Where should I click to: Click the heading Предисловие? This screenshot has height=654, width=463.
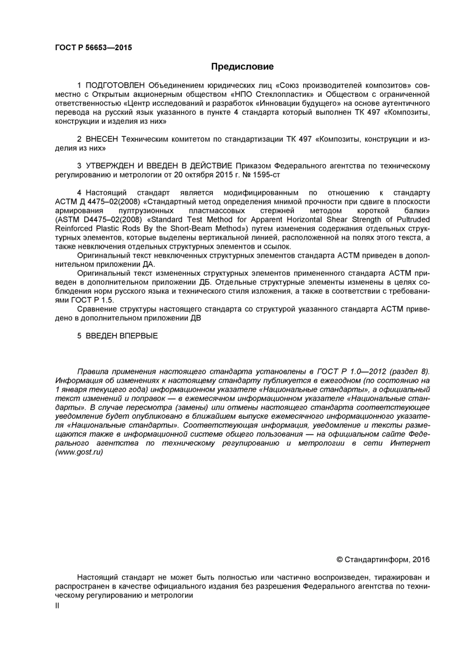pos(242,67)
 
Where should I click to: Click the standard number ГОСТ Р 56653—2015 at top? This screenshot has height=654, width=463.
pos(93,48)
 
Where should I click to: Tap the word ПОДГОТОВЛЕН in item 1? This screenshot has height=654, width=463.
pos(115,86)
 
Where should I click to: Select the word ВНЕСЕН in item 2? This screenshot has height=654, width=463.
pos(102,139)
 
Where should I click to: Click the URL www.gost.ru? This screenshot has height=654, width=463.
pos(79,452)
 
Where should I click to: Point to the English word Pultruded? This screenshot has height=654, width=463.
pos(413,220)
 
